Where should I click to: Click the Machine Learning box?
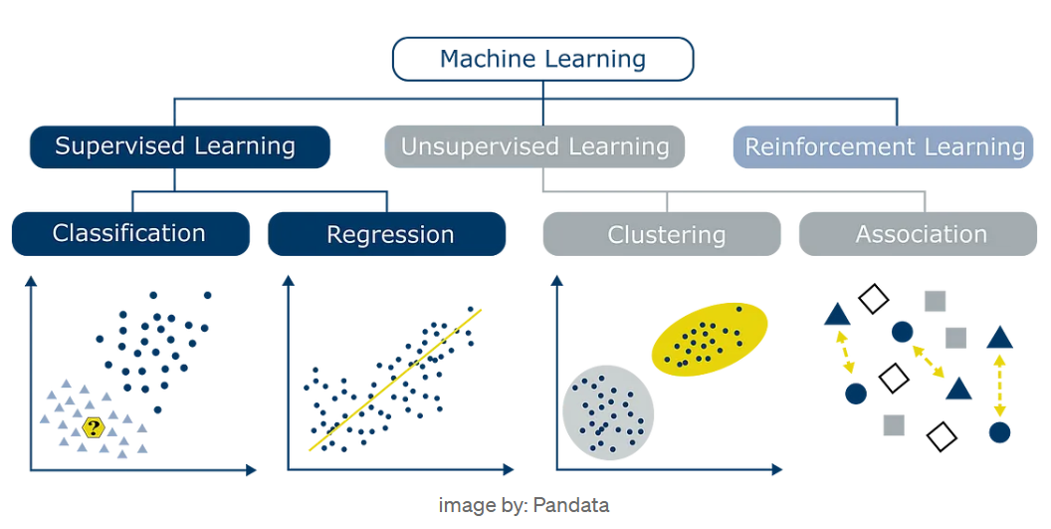[x=542, y=59]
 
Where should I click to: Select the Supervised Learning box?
[x=179, y=146]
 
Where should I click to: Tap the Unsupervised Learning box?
[x=534, y=146]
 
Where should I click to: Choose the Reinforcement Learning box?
[x=884, y=146]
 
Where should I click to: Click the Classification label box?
[x=130, y=234]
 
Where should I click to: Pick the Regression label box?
[x=387, y=234]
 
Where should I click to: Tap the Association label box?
[x=921, y=234]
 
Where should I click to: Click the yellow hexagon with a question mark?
[x=94, y=428]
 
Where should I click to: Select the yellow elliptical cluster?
[x=710, y=339]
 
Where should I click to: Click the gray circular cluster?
[x=608, y=412]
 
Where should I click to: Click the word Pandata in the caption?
[x=570, y=505]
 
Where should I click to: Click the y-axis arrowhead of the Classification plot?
[x=31, y=282]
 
